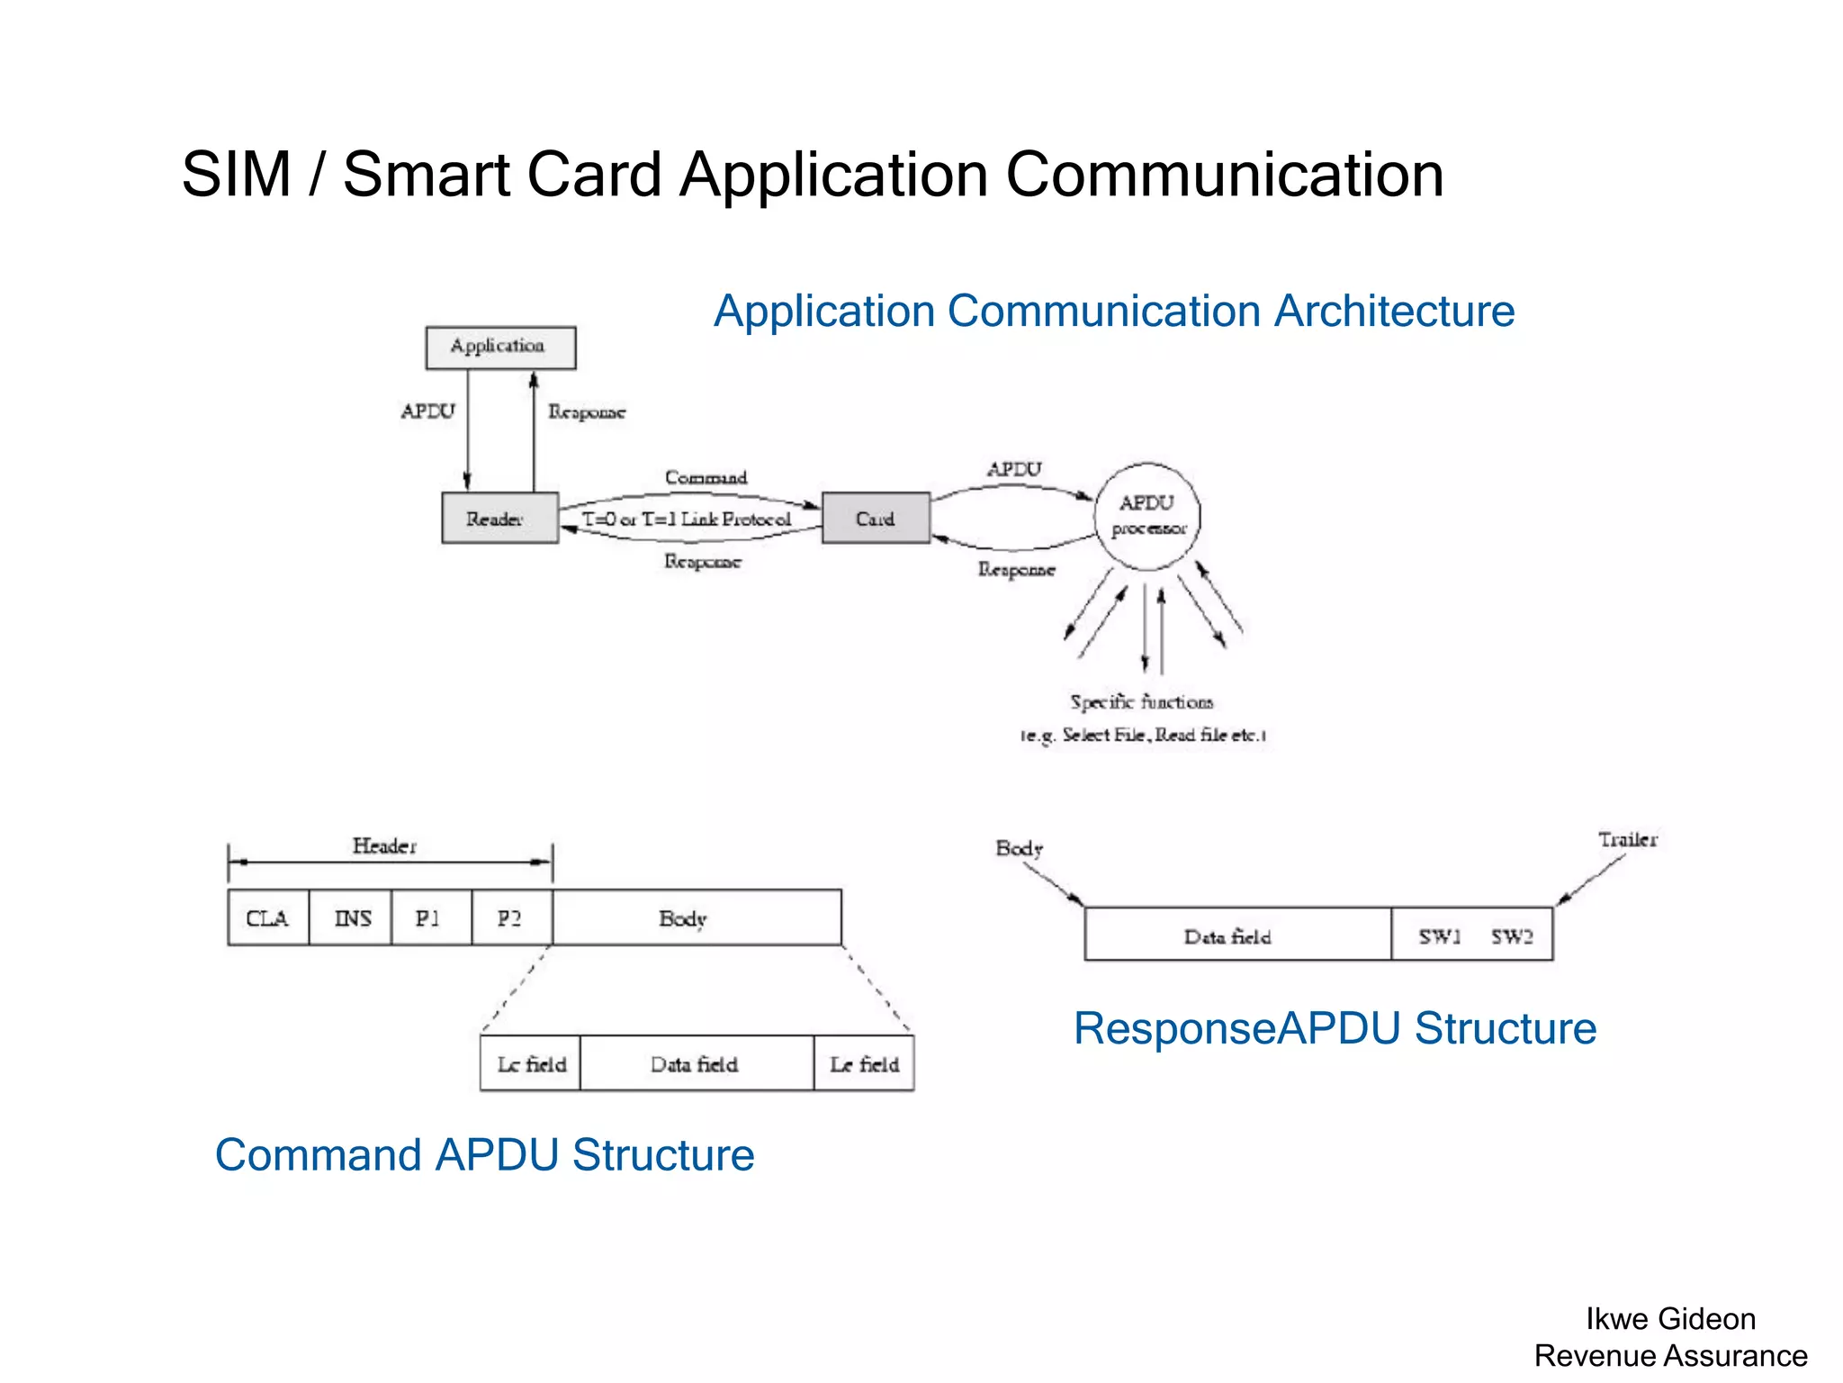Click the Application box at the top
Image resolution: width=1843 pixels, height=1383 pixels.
(500, 348)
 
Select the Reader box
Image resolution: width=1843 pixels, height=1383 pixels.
(499, 518)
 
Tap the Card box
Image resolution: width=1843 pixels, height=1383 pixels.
(876, 518)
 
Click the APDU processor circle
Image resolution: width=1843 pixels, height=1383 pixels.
(1147, 516)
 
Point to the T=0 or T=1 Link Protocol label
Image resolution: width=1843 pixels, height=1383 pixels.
(687, 519)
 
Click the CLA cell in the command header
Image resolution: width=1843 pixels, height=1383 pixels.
(267, 917)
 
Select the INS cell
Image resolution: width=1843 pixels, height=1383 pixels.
(351, 917)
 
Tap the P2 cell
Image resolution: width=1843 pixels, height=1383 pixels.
(510, 917)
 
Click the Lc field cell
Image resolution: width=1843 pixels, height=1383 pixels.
(531, 1063)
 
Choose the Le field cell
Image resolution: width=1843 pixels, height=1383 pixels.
(864, 1063)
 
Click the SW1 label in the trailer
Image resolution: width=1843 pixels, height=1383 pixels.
(1439, 936)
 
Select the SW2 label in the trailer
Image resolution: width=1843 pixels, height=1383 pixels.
(1512, 936)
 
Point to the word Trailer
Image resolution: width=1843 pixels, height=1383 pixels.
(1627, 839)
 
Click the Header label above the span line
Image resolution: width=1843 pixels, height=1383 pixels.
(384, 845)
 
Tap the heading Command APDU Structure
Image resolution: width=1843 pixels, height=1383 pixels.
(484, 1154)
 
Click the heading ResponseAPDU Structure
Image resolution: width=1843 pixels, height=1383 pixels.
(1335, 1027)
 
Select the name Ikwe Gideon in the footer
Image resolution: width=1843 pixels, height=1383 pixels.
(1670, 1318)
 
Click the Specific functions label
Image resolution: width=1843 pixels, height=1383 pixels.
(1141, 701)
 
